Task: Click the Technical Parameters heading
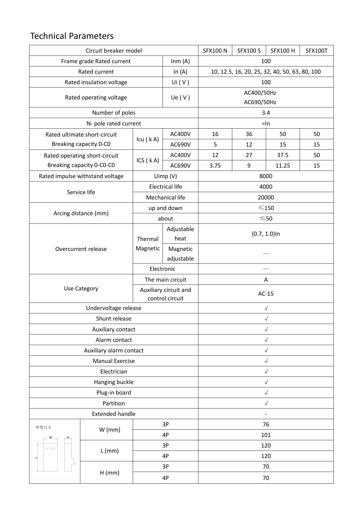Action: tap(72, 36)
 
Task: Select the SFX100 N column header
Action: tap(215, 51)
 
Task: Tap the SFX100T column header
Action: tap(316, 51)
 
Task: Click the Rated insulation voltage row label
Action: tap(96, 82)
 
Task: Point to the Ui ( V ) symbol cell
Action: tap(180, 82)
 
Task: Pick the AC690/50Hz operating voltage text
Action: tap(260, 102)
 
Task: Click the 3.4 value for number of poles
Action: tap(266, 113)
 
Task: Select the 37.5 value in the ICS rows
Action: tap(282, 155)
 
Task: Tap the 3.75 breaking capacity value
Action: tap(215, 166)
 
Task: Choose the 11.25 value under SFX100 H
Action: tap(282, 166)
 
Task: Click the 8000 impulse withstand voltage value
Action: tap(266, 176)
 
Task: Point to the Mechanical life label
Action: tap(165, 197)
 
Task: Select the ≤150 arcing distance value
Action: tap(266, 208)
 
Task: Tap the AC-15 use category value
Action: tap(266, 294)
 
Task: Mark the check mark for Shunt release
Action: tap(266, 319)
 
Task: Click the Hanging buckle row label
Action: tap(114, 382)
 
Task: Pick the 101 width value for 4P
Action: tap(266, 435)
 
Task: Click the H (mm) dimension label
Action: tap(109, 473)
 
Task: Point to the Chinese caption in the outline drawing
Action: tap(43, 427)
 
